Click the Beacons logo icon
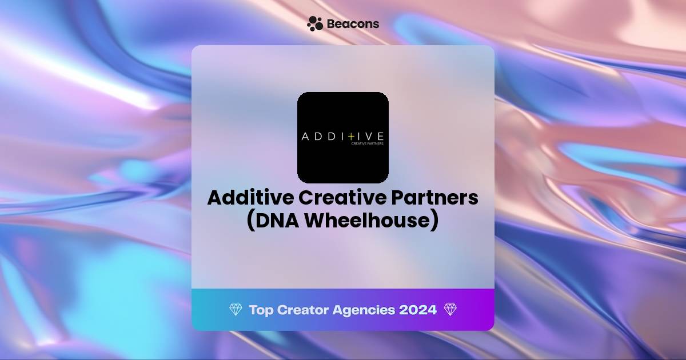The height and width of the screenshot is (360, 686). [315, 23]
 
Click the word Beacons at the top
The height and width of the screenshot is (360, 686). [353, 24]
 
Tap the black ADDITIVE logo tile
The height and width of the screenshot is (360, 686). [343, 109]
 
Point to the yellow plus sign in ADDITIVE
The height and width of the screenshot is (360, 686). [351, 137]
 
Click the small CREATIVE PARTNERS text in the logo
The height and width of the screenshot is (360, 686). [366, 144]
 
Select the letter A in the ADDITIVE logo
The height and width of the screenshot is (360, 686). [306, 137]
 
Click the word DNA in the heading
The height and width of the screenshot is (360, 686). [277, 221]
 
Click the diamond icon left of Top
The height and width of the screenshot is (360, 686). [236, 310]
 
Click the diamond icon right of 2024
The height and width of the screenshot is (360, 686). [450, 310]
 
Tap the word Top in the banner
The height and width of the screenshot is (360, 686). [261, 310]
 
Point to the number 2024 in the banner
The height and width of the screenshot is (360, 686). [418, 310]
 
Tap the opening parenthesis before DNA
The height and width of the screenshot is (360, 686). [250, 221]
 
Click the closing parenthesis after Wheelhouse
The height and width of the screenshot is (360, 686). [434, 221]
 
